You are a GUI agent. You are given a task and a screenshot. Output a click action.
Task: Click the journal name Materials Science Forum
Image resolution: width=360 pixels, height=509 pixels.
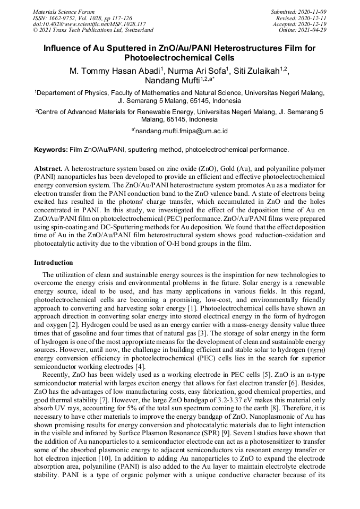pyautogui.click(x=64, y=11)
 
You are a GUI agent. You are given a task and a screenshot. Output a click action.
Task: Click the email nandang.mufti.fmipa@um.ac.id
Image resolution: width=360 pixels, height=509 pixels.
pyautogui.click(x=182, y=130)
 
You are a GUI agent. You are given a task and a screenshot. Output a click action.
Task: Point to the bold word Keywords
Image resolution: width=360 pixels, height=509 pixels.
pyautogui.click(x=50, y=150)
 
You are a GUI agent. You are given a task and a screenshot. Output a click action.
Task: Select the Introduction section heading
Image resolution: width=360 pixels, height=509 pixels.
pyautogui.click(x=54, y=262)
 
